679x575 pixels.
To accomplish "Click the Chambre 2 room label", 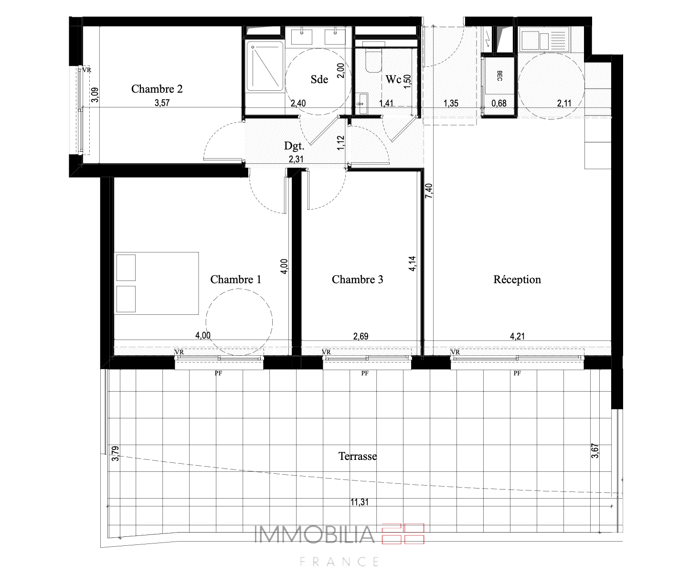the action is pyautogui.click(x=157, y=89).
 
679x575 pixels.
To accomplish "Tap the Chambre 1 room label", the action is pyautogui.click(x=235, y=279).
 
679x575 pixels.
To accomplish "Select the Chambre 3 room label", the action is pyautogui.click(x=357, y=279).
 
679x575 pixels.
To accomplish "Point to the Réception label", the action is pyautogui.click(x=517, y=279).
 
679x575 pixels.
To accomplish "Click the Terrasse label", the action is pyautogui.click(x=358, y=456).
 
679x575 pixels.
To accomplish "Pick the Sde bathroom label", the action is pyautogui.click(x=319, y=79).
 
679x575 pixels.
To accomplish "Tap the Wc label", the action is pyautogui.click(x=393, y=79).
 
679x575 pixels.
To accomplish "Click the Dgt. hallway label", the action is pyautogui.click(x=294, y=146).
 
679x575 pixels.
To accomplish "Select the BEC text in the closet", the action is pyautogui.click(x=499, y=76).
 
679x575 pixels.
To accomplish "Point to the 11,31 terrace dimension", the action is pyautogui.click(x=360, y=502).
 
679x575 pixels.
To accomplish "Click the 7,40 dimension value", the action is pyautogui.click(x=429, y=191).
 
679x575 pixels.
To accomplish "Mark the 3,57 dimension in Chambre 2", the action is pyautogui.click(x=162, y=103).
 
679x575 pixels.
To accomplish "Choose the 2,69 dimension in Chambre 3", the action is pyautogui.click(x=361, y=336).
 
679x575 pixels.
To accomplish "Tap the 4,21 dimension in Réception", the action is pyautogui.click(x=517, y=336).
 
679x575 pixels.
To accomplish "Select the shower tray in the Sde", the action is pyautogui.click(x=265, y=66).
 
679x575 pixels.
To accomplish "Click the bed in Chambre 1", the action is pyautogui.click(x=156, y=283).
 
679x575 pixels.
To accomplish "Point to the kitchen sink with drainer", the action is pyautogui.click(x=545, y=41).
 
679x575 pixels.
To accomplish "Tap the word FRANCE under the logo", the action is pyautogui.click(x=339, y=562).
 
